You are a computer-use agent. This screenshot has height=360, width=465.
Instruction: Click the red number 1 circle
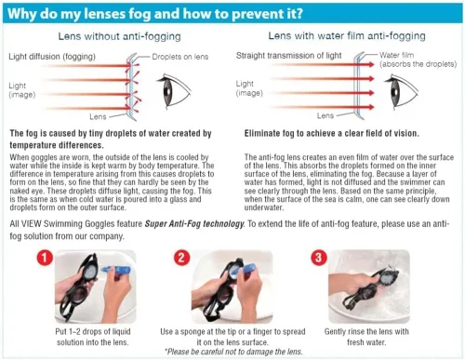(45, 258)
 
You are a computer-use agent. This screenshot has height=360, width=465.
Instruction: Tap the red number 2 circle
(181, 258)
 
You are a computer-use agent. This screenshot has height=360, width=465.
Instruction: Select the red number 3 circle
(318, 258)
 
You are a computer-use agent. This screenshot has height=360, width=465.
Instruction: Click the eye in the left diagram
(173, 90)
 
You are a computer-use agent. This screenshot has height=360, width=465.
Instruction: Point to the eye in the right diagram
(401, 90)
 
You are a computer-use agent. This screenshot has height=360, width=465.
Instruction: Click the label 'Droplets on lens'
(180, 57)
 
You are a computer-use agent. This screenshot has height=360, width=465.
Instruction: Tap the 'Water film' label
(396, 55)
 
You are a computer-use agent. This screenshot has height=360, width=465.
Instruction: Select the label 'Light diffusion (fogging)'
(52, 57)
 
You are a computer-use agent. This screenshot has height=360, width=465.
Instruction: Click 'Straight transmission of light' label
(288, 56)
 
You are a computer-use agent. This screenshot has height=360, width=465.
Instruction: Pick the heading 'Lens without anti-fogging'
(119, 36)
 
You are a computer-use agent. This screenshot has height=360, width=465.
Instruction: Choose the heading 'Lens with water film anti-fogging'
(347, 36)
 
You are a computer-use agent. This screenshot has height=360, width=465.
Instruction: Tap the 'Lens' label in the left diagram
(98, 116)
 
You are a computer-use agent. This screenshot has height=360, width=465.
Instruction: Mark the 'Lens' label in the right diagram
(325, 115)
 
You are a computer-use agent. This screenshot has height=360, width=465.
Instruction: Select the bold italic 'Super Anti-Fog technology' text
(194, 223)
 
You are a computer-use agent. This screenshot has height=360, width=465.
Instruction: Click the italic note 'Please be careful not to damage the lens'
(233, 352)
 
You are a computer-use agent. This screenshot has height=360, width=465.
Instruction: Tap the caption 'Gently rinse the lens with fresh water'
(366, 337)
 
